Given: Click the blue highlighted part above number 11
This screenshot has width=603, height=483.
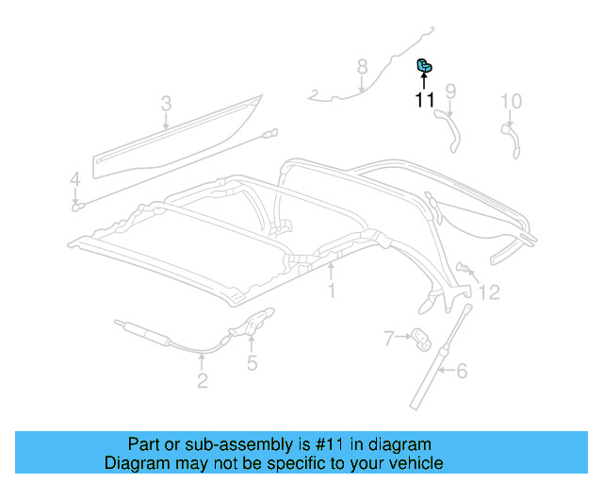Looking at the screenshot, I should (426, 65).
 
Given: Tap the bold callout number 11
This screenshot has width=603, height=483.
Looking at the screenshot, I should (425, 99).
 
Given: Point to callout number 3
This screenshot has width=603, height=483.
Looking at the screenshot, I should (166, 103).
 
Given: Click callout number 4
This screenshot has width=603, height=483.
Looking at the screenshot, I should (74, 178).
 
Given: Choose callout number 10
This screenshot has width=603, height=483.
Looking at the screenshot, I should (510, 101).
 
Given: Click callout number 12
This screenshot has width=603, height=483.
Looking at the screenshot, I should (489, 293).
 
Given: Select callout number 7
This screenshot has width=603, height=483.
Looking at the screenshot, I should (388, 337).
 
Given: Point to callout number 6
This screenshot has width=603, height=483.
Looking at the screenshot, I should (462, 371).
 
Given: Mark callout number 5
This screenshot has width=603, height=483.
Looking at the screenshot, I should (252, 362).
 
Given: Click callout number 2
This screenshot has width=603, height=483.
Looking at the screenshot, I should (203, 381).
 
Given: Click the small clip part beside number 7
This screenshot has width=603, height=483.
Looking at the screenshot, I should (420, 336).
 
